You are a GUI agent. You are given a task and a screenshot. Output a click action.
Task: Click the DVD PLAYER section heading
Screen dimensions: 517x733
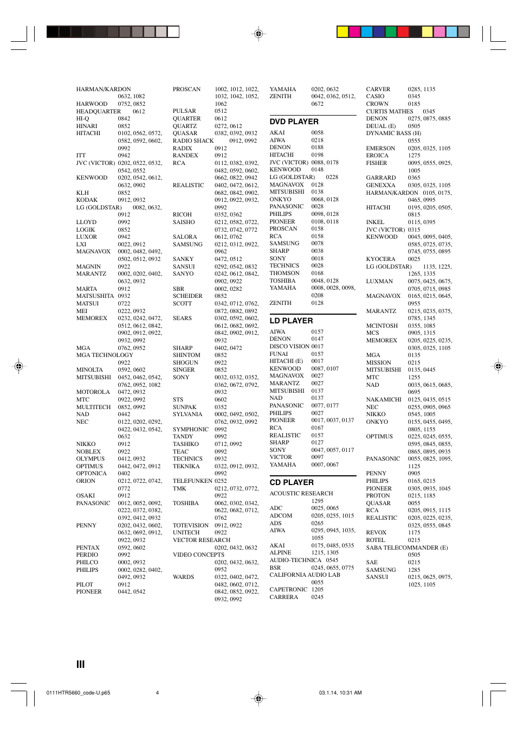[x=294, y=122]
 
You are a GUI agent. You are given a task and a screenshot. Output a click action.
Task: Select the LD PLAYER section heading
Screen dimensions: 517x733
[x=291, y=321]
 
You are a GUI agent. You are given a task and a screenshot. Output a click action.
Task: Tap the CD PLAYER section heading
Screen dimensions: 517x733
[x=292, y=482]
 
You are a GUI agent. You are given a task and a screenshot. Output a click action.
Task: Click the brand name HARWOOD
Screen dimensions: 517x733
[x=92, y=104]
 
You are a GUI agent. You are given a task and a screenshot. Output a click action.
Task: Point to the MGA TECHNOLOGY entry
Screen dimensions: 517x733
[x=105, y=355]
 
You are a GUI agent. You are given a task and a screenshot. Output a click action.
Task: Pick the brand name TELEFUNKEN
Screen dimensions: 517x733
[x=192, y=481]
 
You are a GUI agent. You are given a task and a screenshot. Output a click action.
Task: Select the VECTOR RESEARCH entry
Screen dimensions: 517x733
[x=201, y=540]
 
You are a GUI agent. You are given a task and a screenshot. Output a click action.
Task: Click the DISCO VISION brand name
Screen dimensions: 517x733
[x=289, y=347]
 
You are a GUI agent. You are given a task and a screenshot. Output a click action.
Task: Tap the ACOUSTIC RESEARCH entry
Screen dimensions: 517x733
[x=301, y=494]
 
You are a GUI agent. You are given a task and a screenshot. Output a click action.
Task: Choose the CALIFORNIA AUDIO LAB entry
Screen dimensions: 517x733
[x=305, y=575]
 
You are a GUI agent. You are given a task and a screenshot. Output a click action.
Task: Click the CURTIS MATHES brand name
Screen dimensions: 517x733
[x=389, y=111]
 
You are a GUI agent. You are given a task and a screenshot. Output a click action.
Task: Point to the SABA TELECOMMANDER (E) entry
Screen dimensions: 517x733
[x=406, y=547]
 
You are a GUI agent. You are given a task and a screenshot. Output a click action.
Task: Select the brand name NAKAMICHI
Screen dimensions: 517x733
[x=384, y=399]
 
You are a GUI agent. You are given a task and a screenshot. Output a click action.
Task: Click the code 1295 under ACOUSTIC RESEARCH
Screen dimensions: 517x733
[x=317, y=501]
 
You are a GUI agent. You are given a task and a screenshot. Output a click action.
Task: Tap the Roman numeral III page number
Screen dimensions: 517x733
[x=81, y=664]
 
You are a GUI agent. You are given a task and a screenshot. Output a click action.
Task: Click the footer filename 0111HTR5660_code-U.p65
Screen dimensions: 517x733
[x=78, y=693]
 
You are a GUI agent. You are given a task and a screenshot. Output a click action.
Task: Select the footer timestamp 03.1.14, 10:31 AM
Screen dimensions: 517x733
[x=340, y=693]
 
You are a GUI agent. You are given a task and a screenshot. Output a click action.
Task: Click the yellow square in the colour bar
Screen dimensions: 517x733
[x=342, y=31]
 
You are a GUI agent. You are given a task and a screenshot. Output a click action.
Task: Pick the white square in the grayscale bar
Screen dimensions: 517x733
[x=173, y=31]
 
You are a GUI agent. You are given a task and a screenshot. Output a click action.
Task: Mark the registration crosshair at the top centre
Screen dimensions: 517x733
[x=258, y=34]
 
